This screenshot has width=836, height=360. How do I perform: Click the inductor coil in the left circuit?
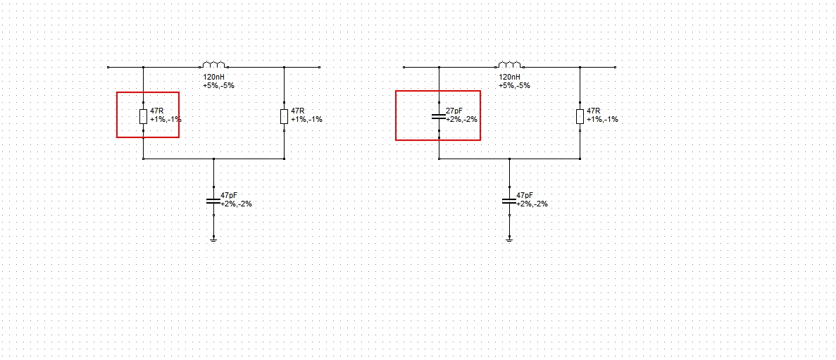(214, 65)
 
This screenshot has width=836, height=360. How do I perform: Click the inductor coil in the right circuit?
(510, 65)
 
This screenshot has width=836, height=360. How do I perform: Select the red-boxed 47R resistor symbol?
(143, 116)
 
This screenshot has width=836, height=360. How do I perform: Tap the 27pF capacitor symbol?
(439, 116)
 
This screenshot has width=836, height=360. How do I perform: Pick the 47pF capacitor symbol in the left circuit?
(214, 201)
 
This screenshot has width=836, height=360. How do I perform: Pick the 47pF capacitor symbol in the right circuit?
(510, 201)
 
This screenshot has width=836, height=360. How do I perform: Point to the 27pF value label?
(454, 111)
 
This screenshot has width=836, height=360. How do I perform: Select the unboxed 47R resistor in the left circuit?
(284, 116)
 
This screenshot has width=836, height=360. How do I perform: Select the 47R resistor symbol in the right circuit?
(580, 116)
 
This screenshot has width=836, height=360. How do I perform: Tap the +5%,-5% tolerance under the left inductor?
(218, 85)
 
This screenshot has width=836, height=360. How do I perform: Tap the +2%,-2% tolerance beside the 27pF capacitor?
(461, 120)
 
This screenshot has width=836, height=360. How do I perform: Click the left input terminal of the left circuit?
(108, 67)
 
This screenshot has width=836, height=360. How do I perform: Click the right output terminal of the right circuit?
(616, 67)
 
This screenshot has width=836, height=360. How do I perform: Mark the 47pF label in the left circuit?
(230, 196)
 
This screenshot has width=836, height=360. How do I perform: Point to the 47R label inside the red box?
(157, 111)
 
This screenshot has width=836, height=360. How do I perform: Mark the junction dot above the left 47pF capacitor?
(214, 159)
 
